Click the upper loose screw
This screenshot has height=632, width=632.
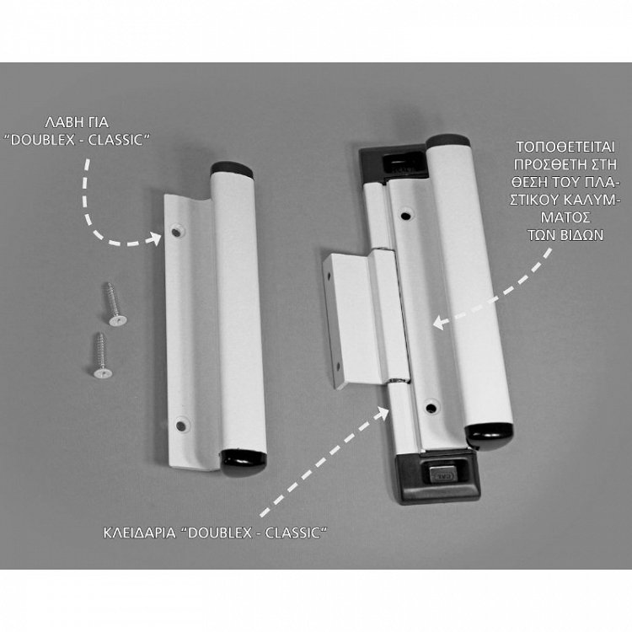[x=114, y=304]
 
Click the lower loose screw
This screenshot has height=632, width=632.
[x=101, y=356]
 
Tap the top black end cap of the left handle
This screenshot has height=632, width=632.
[x=233, y=169]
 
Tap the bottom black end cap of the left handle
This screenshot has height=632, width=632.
[x=244, y=463]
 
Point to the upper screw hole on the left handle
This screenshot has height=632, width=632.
[x=176, y=232]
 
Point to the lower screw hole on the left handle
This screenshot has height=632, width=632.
[x=182, y=426]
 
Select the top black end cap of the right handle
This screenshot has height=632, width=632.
[x=448, y=142]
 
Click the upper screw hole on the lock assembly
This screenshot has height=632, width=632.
[x=406, y=216]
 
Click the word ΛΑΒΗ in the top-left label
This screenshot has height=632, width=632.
[x=60, y=122]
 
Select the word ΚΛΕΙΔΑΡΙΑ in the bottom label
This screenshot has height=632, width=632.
[x=139, y=533]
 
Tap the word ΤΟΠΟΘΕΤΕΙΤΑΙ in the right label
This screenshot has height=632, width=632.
[x=565, y=147]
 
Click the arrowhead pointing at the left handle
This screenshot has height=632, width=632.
[x=154, y=238]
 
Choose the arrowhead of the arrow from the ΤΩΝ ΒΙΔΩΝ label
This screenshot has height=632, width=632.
[x=439, y=323]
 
